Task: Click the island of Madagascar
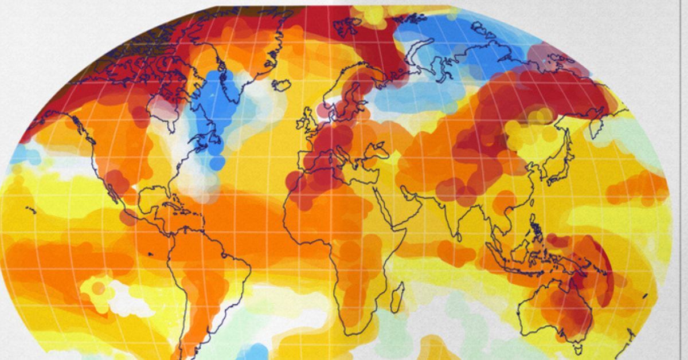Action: point(396,298)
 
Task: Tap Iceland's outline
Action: point(280,85)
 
